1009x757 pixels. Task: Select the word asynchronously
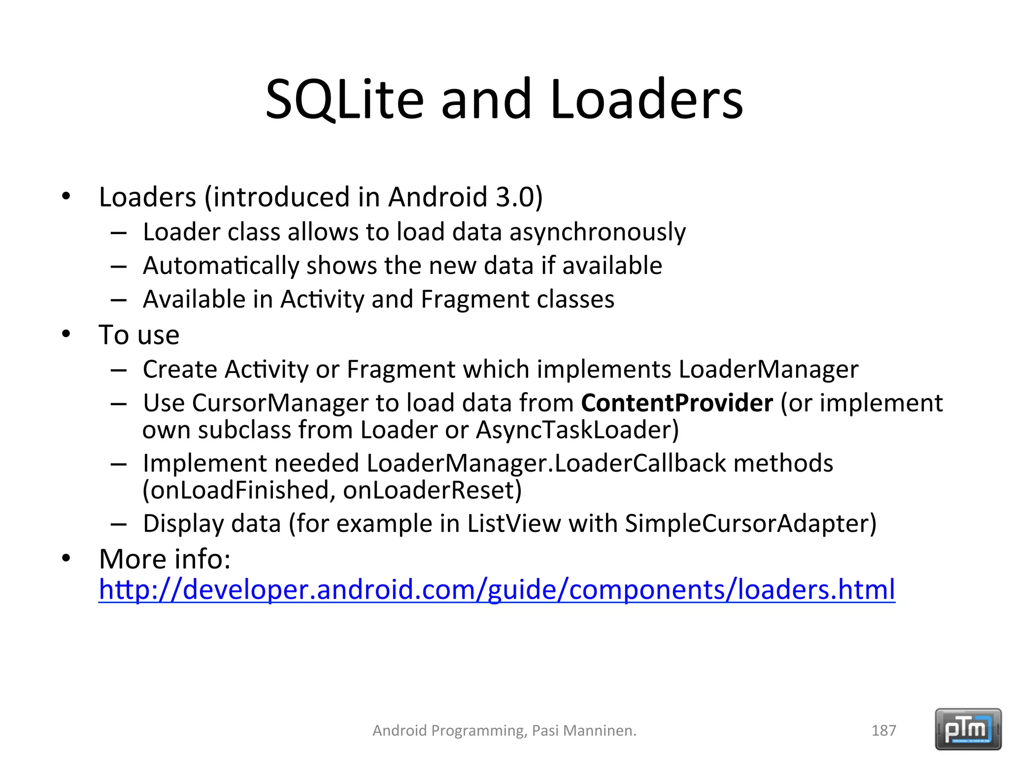(x=597, y=232)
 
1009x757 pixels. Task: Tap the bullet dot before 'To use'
(x=67, y=335)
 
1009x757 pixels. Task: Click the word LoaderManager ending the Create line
(x=768, y=370)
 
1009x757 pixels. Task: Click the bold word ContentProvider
(x=677, y=403)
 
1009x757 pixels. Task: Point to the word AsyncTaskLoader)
(x=577, y=430)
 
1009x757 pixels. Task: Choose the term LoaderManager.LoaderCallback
(x=546, y=464)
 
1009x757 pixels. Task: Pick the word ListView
(x=514, y=524)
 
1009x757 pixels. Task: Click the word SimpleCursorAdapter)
(x=750, y=524)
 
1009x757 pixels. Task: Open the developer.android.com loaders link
(x=497, y=589)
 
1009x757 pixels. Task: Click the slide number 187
(x=883, y=730)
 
